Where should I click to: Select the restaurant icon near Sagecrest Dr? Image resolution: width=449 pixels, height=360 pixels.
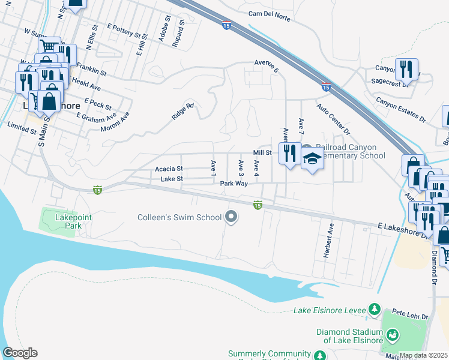pyautogui.click(x=406, y=70)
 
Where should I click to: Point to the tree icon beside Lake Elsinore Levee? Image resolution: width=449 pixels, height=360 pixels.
pyautogui.click(x=375, y=310)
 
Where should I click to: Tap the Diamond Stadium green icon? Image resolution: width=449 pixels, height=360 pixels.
pyautogui.click(x=393, y=335)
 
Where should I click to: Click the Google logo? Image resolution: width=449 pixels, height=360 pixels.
pyautogui.click(x=20, y=353)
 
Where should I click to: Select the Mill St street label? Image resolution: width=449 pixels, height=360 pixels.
pyautogui.click(x=263, y=153)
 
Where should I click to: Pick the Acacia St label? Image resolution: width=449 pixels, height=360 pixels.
pyautogui.click(x=169, y=169)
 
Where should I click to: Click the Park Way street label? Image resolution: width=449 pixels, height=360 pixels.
pyautogui.click(x=234, y=184)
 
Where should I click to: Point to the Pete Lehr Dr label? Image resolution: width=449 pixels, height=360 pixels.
pyautogui.click(x=411, y=315)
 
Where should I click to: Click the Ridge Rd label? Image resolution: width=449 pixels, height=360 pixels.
pyautogui.click(x=183, y=112)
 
